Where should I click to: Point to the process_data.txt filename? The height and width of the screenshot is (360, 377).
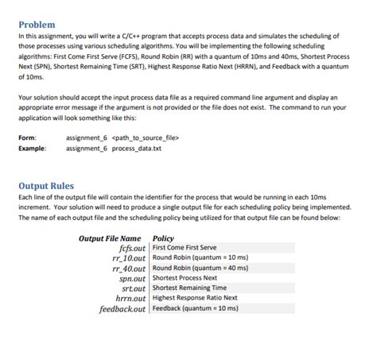(138, 148)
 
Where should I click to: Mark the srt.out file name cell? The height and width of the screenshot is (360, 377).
(133, 288)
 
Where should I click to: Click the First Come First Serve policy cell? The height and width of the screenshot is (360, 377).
(184, 248)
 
